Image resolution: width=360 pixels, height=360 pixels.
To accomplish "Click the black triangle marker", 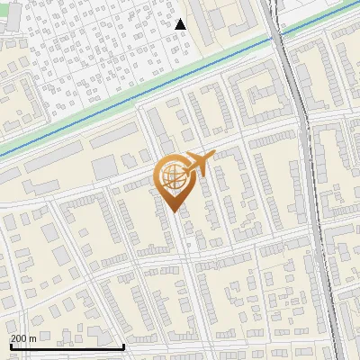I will point(181,24).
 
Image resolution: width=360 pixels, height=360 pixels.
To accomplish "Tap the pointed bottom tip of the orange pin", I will point(172,211).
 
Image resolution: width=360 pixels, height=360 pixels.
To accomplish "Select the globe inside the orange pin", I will point(171,176).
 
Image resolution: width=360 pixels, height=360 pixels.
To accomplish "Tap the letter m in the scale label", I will point(33,338).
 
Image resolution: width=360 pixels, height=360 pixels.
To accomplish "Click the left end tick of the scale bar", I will point(10,345).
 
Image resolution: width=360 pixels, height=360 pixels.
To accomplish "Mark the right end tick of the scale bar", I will point(123,345).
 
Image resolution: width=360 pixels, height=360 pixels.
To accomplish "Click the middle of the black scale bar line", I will point(67,346).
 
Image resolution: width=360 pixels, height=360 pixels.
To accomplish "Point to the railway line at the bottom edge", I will point(340,356).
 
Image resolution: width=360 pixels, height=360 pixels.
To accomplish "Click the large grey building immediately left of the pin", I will point(104,167).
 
